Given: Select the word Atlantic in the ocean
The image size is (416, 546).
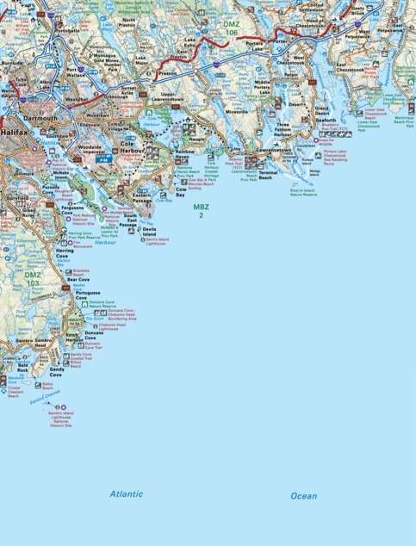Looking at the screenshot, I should tap(126, 493).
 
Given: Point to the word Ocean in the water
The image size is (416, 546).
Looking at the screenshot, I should tap(303, 495).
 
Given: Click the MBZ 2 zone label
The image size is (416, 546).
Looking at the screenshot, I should tap(201, 211).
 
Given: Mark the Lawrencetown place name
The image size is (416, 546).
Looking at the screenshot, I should tap(274, 149).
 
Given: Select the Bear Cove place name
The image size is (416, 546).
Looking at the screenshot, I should tap(78, 279).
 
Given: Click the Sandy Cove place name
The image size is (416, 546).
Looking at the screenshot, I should tap(56, 372).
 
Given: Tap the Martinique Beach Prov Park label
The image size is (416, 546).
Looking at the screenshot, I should tap(398, 124).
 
